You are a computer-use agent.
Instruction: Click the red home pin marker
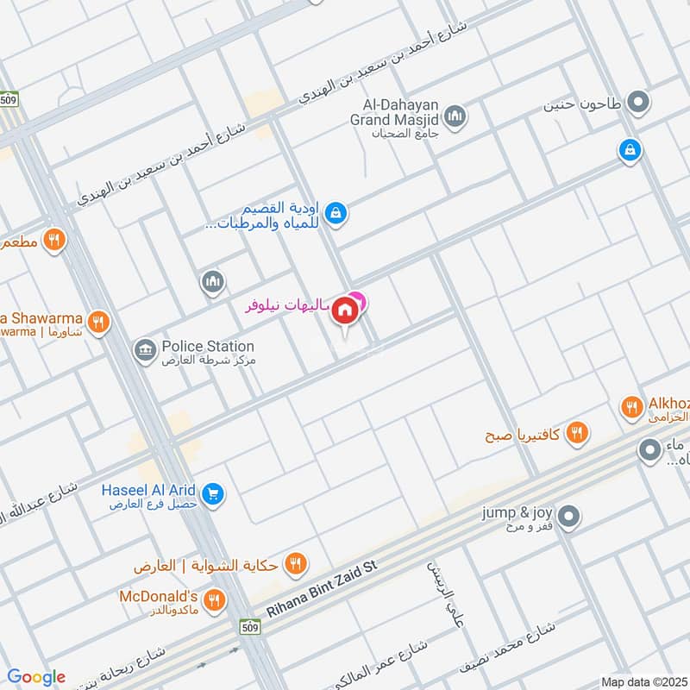[346, 310]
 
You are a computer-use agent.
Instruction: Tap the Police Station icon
[144, 349]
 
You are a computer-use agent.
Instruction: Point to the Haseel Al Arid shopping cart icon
[214, 494]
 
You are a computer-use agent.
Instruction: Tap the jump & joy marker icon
[568, 517]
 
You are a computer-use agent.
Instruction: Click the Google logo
[36, 677]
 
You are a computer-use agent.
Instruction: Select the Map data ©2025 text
[643, 681]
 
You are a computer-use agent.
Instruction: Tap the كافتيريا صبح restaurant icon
[577, 433]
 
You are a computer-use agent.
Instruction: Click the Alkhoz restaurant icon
[632, 405]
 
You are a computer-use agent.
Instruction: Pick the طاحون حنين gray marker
[638, 104]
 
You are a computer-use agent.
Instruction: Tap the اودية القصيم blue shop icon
[336, 211]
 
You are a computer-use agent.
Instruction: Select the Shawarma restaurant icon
[99, 322]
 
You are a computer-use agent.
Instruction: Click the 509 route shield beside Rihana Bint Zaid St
[250, 624]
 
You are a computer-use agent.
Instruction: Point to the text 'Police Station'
[208, 346]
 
